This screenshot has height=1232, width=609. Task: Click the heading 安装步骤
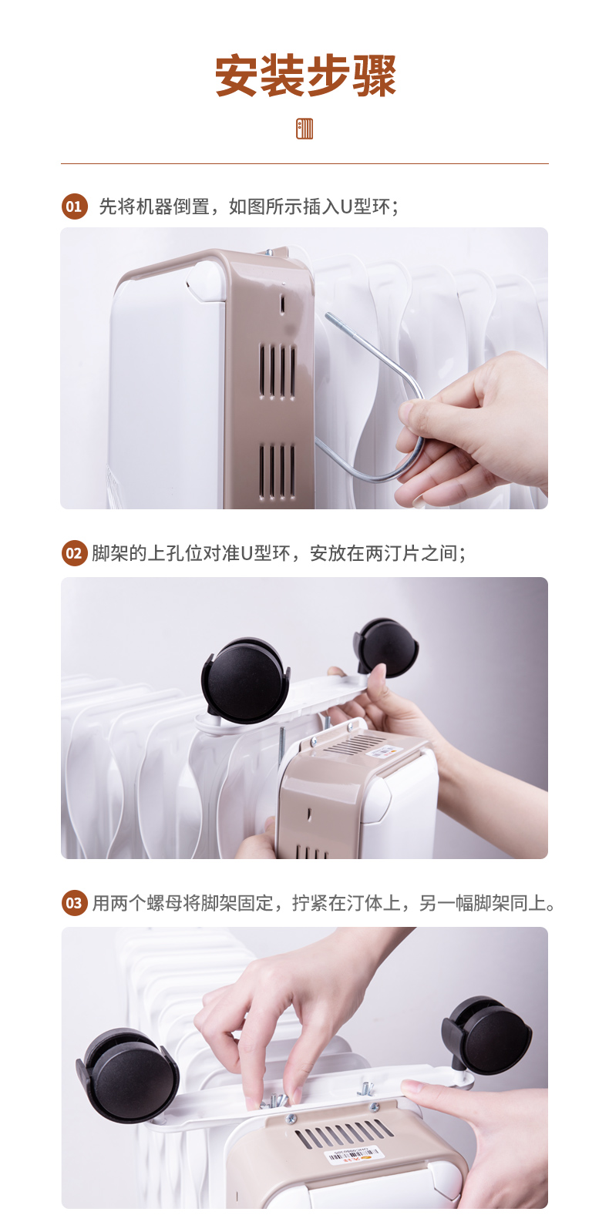click(304, 76)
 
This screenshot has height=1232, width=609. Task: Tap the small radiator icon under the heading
click(304, 129)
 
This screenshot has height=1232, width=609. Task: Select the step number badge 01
click(74, 206)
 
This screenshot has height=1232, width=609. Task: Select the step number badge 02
click(74, 552)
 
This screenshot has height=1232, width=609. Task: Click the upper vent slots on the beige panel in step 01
click(278, 371)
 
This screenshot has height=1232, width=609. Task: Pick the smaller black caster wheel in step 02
click(386, 648)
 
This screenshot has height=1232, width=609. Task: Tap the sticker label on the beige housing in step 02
click(382, 750)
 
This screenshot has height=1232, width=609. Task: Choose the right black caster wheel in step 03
click(487, 1035)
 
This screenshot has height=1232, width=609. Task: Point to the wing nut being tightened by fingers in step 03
click(275, 1100)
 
